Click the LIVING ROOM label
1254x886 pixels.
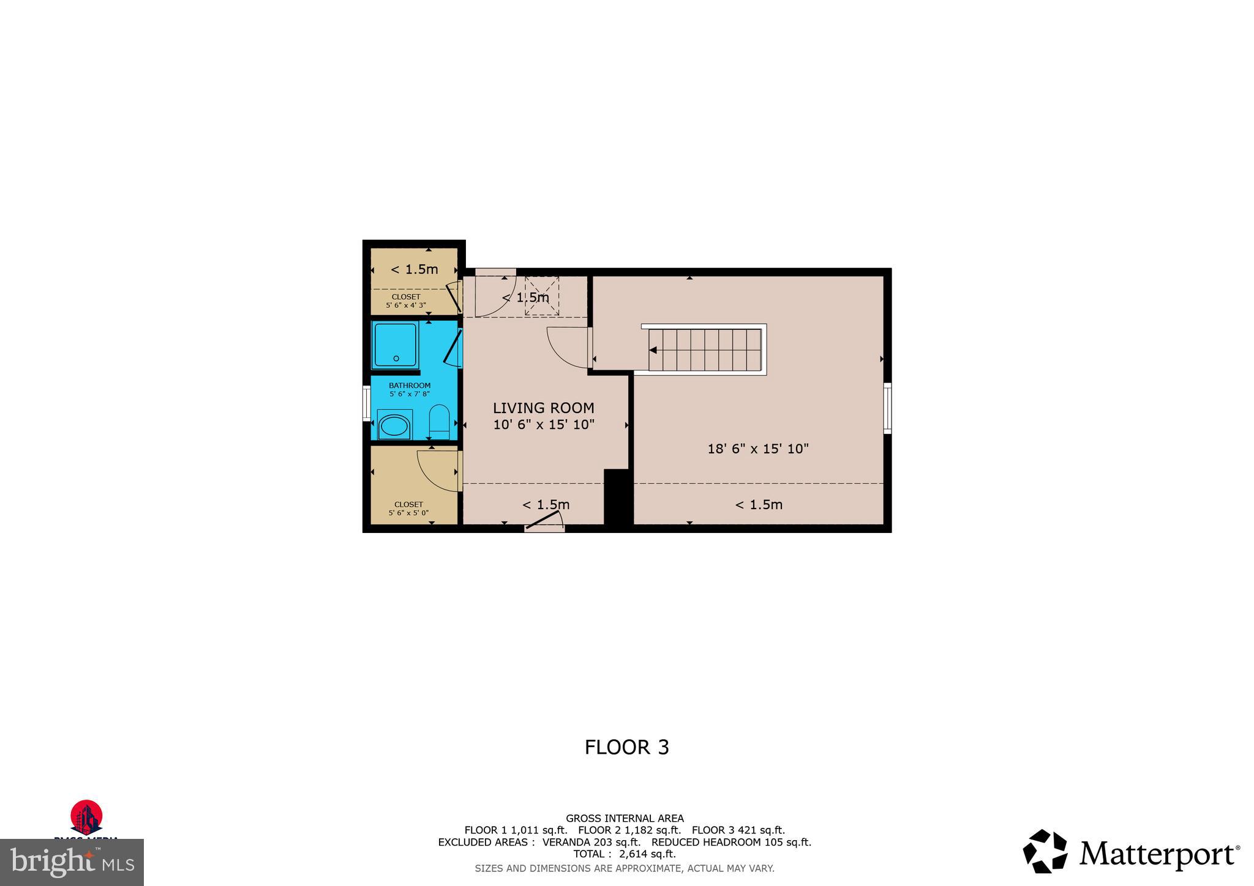[543, 408]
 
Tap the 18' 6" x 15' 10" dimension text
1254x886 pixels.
[758, 449]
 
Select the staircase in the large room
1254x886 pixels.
[704, 349]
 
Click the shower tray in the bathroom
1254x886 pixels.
[396, 345]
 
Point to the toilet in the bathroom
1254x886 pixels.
[439, 421]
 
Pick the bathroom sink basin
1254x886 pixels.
[393, 426]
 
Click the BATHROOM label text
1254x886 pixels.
[410, 385]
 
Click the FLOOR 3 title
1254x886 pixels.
[626, 747]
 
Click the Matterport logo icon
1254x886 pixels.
[1045, 851]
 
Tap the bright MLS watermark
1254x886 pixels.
[72, 863]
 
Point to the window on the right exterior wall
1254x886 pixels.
[887, 408]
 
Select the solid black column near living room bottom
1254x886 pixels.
[617, 497]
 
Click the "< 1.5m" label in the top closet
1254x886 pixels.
[415, 269]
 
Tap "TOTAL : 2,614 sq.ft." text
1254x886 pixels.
[624, 854]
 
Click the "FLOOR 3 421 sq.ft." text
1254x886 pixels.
[738, 830]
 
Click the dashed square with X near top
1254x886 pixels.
[542, 296]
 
